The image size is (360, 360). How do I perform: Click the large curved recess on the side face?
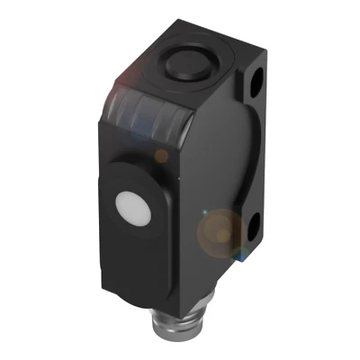point(220,162)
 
